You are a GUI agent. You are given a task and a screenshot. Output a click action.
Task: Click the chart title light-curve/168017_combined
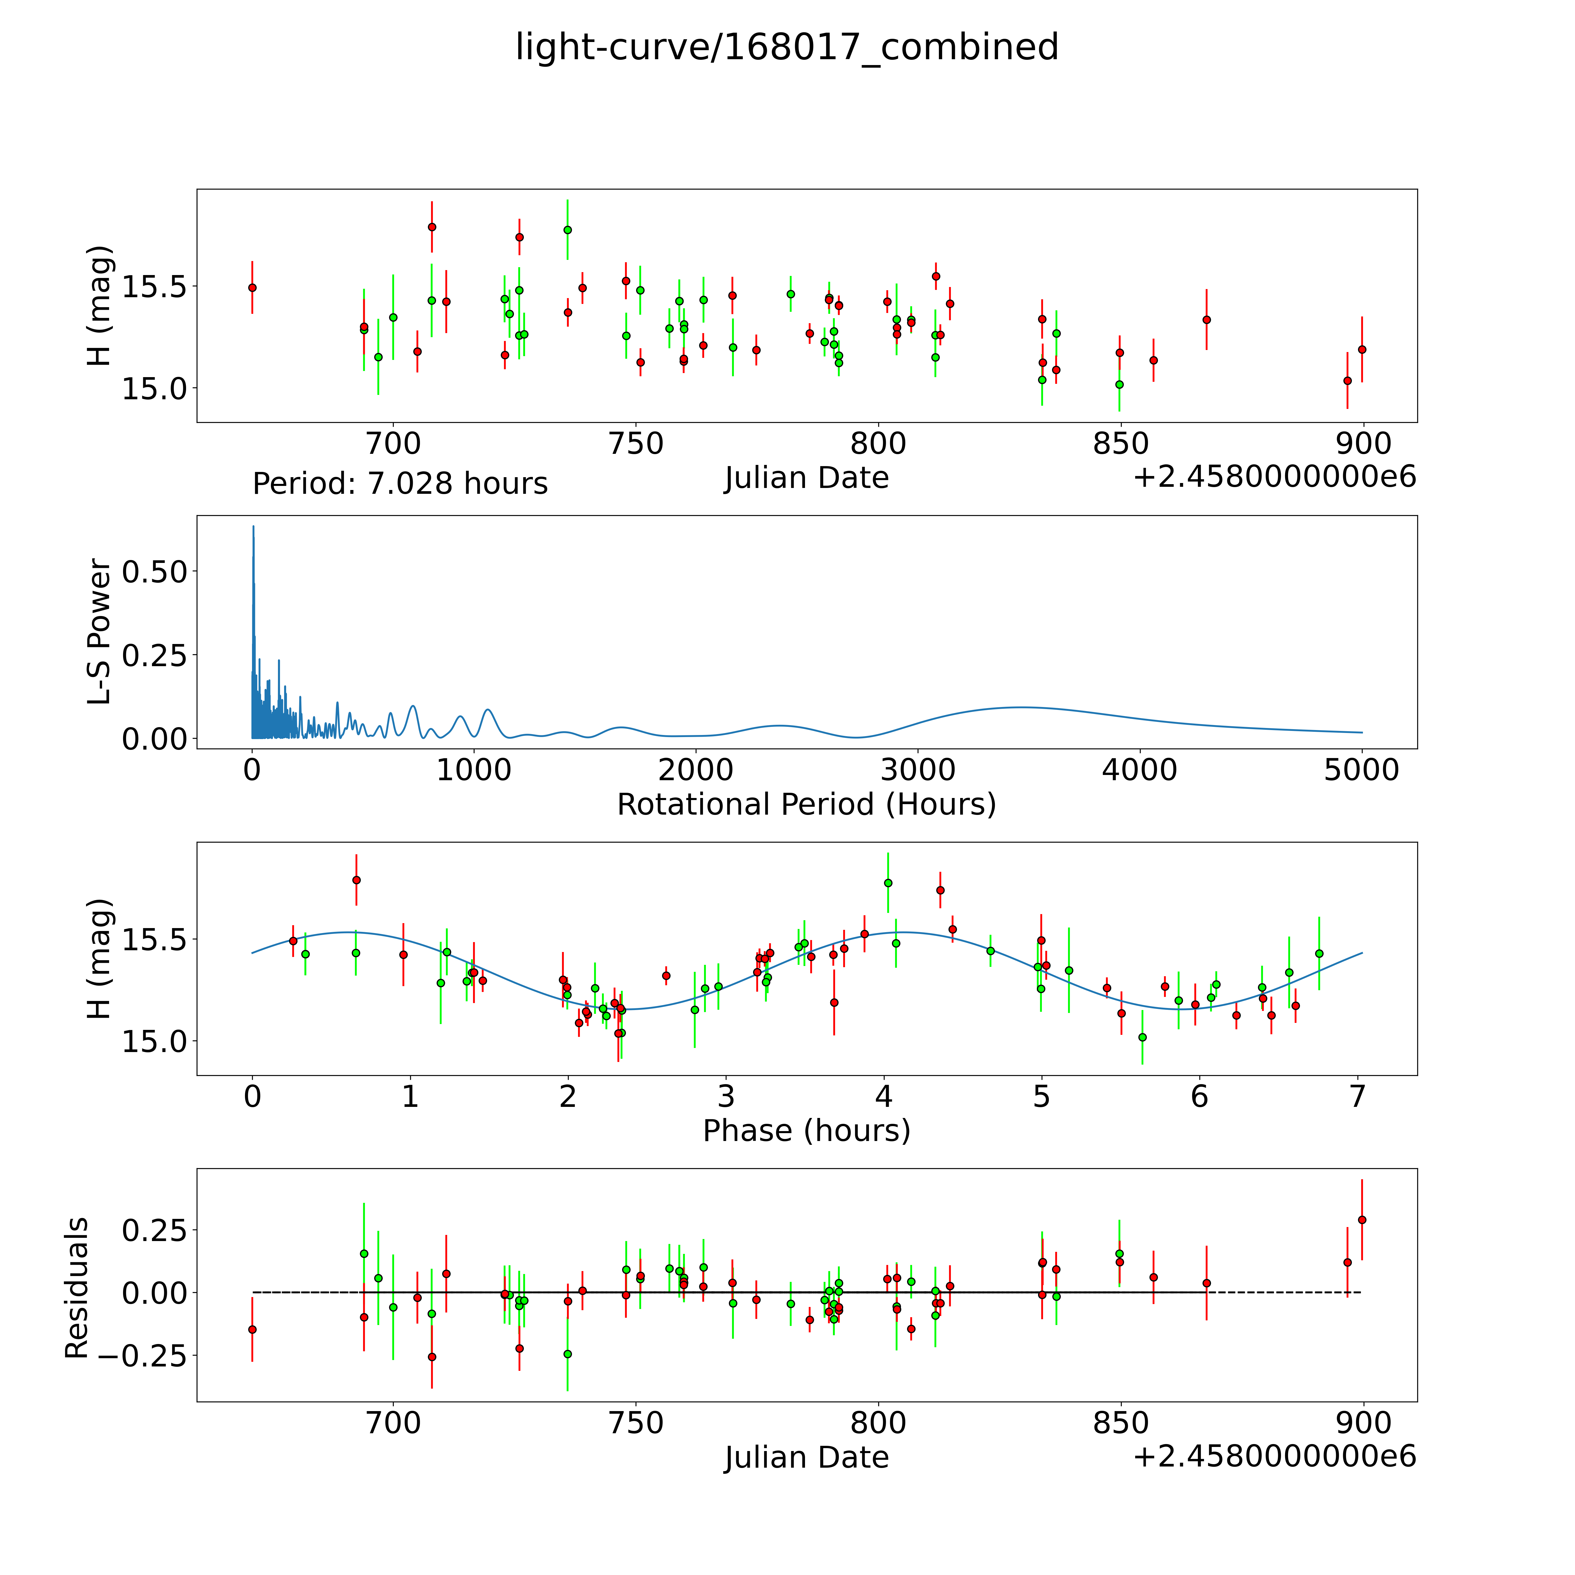pyautogui.click(x=787, y=47)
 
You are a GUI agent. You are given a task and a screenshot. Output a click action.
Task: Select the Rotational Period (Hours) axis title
pyautogui.click(x=806, y=805)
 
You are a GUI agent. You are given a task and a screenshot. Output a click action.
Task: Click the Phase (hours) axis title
pyautogui.click(x=806, y=1131)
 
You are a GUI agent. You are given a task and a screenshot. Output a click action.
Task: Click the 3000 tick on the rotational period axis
pyautogui.click(x=918, y=770)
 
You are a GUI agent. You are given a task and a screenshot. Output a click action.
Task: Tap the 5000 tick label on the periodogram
pyautogui.click(x=1361, y=770)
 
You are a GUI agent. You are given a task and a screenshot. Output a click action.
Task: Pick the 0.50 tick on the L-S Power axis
pyautogui.click(x=155, y=571)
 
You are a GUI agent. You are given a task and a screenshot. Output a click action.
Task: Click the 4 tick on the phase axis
pyautogui.click(x=884, y=1096)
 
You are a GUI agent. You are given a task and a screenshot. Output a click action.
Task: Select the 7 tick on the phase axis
pyautogui.click(x=1357, y=1096)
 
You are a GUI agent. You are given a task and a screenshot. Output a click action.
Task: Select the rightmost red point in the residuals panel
pyautogui.click(x=1361, y=1219)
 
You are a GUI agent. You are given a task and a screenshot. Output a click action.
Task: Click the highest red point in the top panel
pyautogui.click(x=432, y=227)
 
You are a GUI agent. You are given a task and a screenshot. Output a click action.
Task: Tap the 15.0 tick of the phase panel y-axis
pyautogui.click(x=155, y=1041)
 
